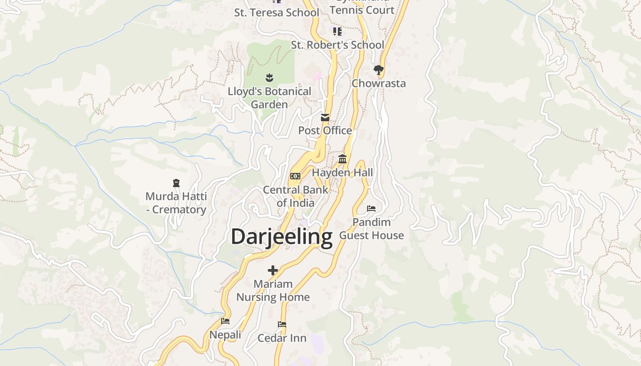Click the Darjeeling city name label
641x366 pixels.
[x=281, y=237]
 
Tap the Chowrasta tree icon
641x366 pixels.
[x=378, y=70]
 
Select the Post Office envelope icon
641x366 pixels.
[x=325, y=118]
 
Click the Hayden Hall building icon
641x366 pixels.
[x=342, y=159]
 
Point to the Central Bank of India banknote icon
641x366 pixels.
[x=295, y=176]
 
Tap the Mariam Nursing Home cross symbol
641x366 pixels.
[x=273, y=270]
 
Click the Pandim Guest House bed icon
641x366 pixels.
[x=371, y=209]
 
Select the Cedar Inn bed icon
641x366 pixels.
[x=282, y=324]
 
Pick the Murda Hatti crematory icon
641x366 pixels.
[x=176, y=183]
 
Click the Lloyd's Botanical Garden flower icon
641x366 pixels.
[x=269, y=78]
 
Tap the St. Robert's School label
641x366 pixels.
[x=337, y=45]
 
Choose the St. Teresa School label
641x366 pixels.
[x=277, y=12]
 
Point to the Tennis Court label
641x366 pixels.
[x=362, y=10]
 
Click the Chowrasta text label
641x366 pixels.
[x=379, y=83]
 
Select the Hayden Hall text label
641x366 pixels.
[x=342, y=172]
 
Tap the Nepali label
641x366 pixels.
[x=225, y=335]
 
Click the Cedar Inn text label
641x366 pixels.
[x=282, y=338]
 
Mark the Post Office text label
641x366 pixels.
[x=325, y=130]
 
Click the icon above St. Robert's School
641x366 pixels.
[x=337, y=31]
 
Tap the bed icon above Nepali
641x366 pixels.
[x=225, y=321]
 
